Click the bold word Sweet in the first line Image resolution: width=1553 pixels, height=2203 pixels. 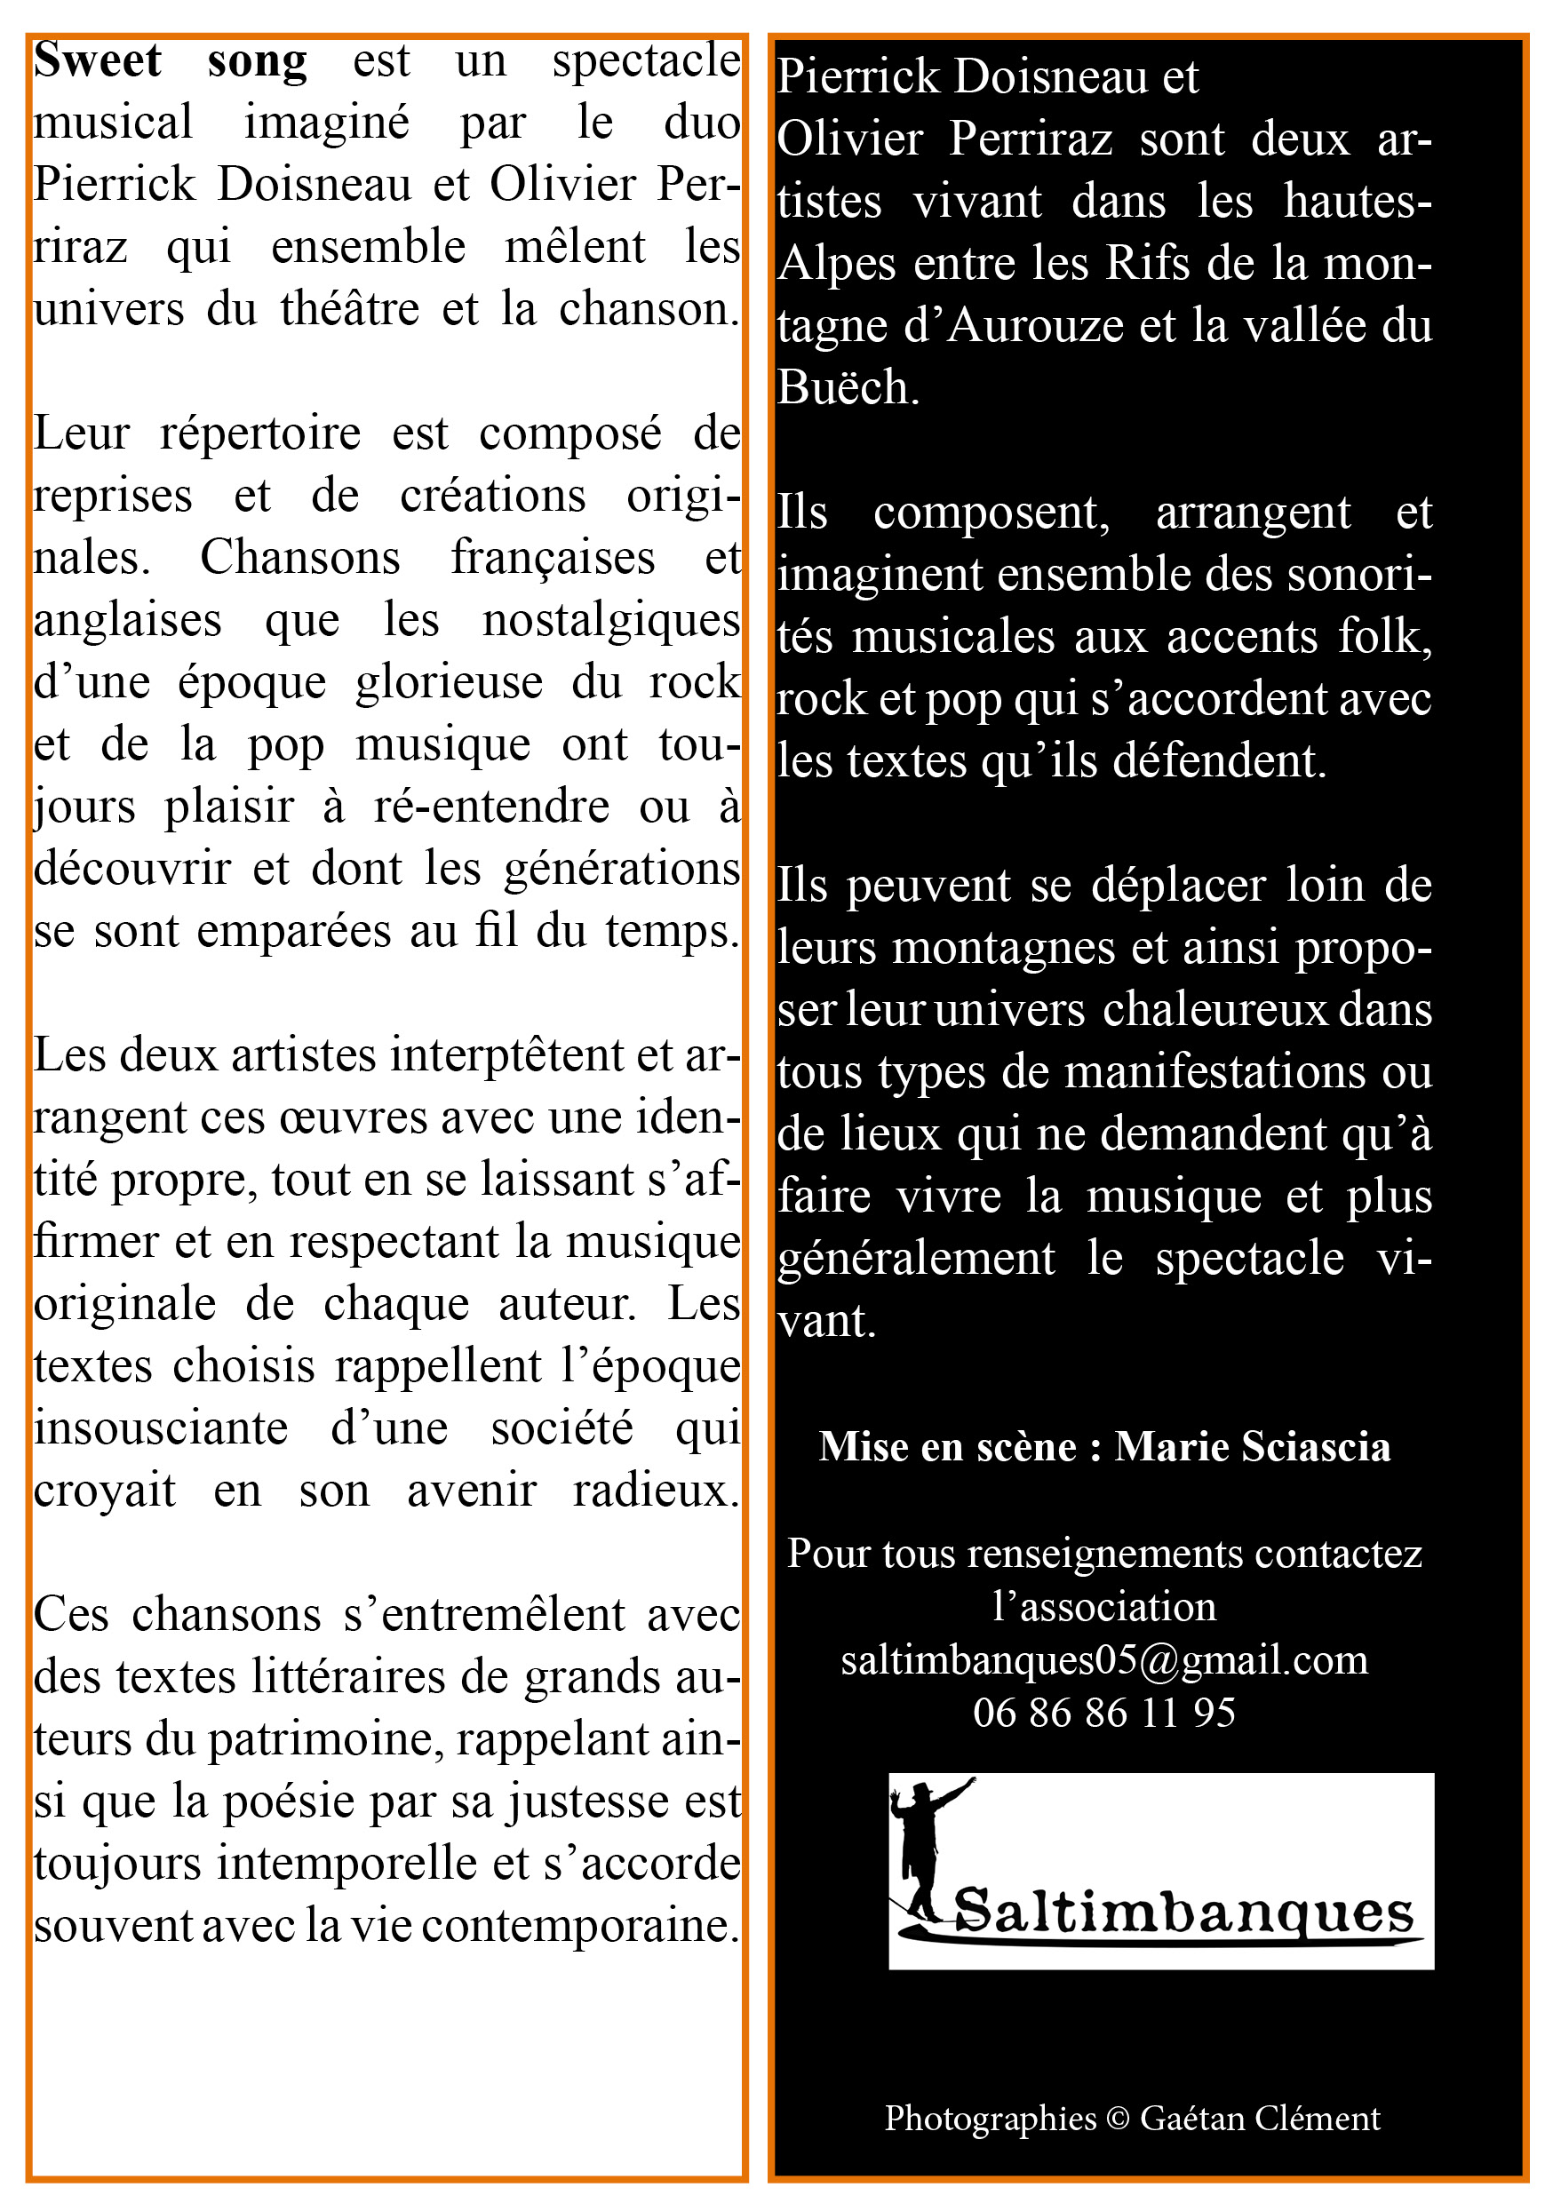click(97, 60)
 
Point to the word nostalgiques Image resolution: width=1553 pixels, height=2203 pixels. click(611, 621)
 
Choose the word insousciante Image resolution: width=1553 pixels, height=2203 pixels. click(161, 1428)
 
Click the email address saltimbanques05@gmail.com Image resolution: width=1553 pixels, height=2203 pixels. click(1103, 1659)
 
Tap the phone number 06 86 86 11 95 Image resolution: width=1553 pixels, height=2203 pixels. click(1103, 1713)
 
